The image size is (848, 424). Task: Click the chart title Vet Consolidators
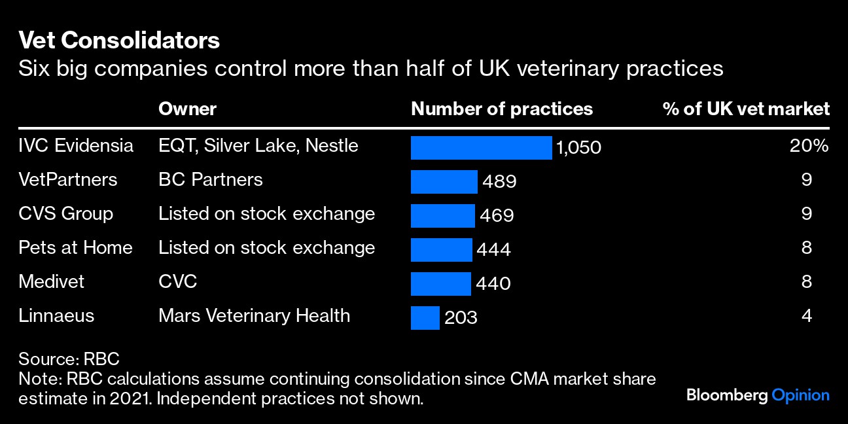(x=119, y=41)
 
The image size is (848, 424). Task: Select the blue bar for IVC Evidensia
(x=481, y=148)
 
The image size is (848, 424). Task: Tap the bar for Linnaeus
(x=425, y=318)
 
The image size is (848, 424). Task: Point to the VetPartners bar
(x=444, y=182)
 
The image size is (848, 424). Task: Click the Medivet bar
(x=440, y=284)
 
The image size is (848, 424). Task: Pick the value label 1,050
(x=578, y=148)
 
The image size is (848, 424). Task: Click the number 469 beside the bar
(x=498, y=215)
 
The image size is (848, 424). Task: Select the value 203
(x=461, y=318)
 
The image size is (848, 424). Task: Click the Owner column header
(x=187, y=109)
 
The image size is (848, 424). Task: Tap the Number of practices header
(x=502, y=109)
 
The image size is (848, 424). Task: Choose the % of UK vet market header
(x=746, y=109)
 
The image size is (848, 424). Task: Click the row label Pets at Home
(x=75, y=247)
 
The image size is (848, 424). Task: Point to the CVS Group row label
(x=65, y=213)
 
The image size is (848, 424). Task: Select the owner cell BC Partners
(x=210, y=179)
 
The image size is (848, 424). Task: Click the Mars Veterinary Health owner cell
(x=254, y=315)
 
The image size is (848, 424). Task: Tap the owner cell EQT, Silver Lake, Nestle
(x=258, y=145)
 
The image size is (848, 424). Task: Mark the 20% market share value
(x=809, y=146)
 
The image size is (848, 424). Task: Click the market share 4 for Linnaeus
(x=806, y=316)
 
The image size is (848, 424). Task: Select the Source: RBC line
(x=69, y=359)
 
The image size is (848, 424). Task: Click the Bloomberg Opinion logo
(x=758, y=395)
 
